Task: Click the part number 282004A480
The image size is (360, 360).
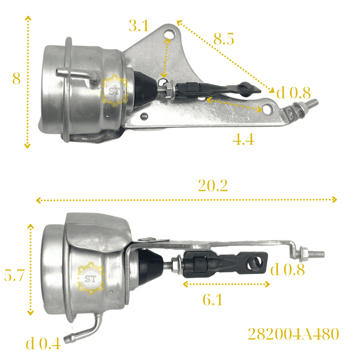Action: pos(294,334)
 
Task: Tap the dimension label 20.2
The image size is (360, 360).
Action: pos(213,186)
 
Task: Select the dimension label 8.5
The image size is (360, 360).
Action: pos(224,39)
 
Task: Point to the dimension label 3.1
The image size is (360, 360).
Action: pos(139,26)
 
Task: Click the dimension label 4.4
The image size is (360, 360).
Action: pos(243,139)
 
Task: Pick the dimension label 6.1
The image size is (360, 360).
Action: pos(213,299)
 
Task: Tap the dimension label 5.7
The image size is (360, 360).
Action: pos(14,275)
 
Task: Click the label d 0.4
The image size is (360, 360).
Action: pos(43,344)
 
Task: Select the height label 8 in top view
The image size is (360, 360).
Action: pos(16,78)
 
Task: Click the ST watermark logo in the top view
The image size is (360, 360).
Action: pos(114,91)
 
